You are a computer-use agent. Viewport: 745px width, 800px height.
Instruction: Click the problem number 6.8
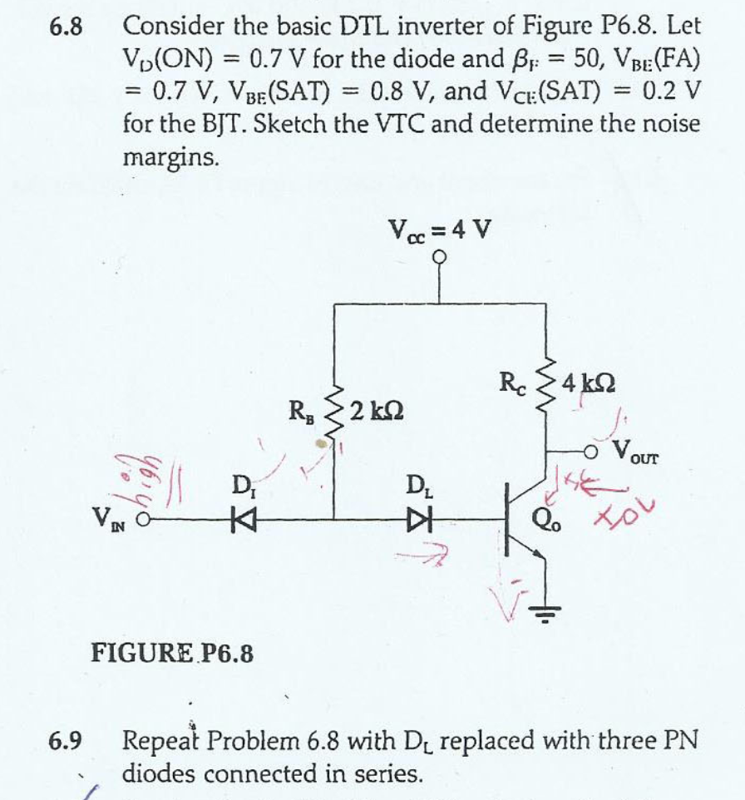pyautogui.click(x=66, y=27)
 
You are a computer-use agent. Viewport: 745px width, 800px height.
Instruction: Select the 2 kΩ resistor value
pyautogui.click(x=379, y=408)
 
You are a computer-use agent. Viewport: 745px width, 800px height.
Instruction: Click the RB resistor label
pyautogui.click(x=299, y=409)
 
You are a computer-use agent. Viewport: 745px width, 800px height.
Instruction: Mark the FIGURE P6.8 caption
pyautogui.click(x=172, y=653)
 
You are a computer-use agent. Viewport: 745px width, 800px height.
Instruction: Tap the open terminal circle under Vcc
pyautogui.click(x=440, y=257)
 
